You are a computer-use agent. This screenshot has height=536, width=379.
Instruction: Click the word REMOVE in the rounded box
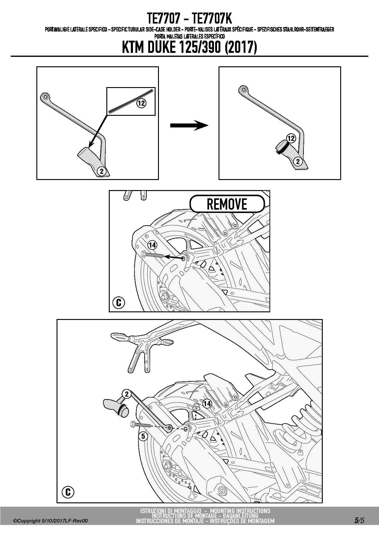(227, 204)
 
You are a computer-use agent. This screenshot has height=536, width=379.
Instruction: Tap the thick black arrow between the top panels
(189, 125)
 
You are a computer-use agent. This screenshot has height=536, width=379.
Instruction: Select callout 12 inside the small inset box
(141, 103)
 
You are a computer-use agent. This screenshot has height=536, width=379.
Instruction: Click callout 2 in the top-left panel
(102, 171)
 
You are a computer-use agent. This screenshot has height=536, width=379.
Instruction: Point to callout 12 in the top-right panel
(291, 138)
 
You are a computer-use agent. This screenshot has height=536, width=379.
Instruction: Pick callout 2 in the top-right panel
(298, 161)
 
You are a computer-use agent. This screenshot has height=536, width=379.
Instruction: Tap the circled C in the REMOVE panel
(119, 303)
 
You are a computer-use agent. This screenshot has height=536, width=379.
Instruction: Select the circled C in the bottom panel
(68, 492)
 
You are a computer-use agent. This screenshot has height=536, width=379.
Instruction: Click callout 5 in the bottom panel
(143, 436)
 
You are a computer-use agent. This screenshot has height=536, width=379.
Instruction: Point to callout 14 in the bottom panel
(207, 403)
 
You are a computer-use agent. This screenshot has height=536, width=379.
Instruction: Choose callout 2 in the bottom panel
(127, 394)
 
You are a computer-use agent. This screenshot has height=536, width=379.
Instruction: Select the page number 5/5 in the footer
(359, 520)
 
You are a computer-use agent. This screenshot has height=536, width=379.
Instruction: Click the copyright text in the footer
(51, 521)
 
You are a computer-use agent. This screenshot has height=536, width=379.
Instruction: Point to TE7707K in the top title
(212, 19)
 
